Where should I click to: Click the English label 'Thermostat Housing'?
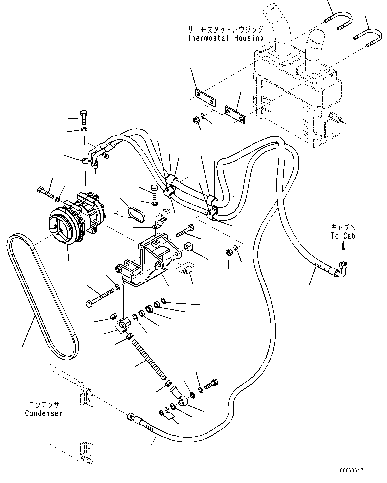[225, 38]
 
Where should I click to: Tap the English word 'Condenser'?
[43, 414]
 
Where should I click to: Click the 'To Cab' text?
[343, 236]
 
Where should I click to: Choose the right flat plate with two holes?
[235, 114]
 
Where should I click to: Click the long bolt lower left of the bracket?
[100, 297]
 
